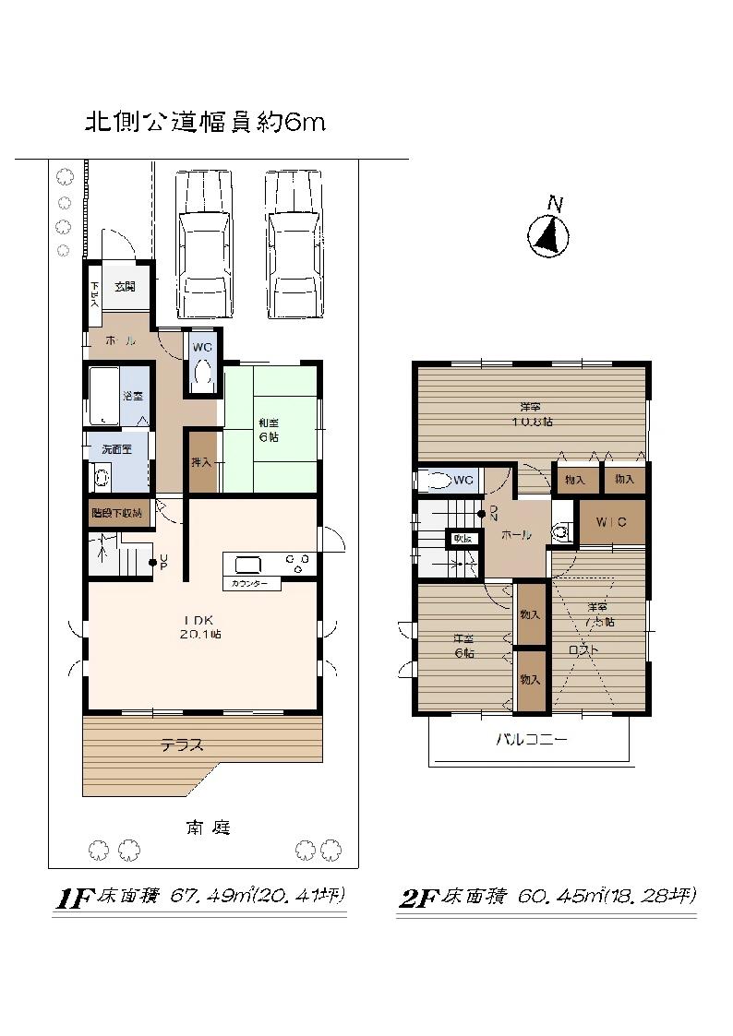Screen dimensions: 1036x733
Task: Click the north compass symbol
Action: pos(548,235)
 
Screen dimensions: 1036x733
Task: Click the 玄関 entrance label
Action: pos(125,287)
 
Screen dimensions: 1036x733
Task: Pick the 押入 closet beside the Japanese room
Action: pos(202,461)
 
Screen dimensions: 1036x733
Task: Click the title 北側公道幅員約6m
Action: pos(205,123)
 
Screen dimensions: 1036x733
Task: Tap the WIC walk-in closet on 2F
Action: pos(610,523)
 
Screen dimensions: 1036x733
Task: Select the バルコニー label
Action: pos(531,740)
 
